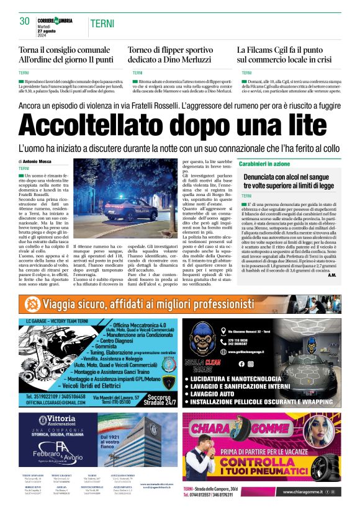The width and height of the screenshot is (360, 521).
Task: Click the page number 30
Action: click(x=25, y=22)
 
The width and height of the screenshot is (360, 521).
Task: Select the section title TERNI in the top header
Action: click(x=101, y=23)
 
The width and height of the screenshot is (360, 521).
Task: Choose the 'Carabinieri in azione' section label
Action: click(x=264, y=164)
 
